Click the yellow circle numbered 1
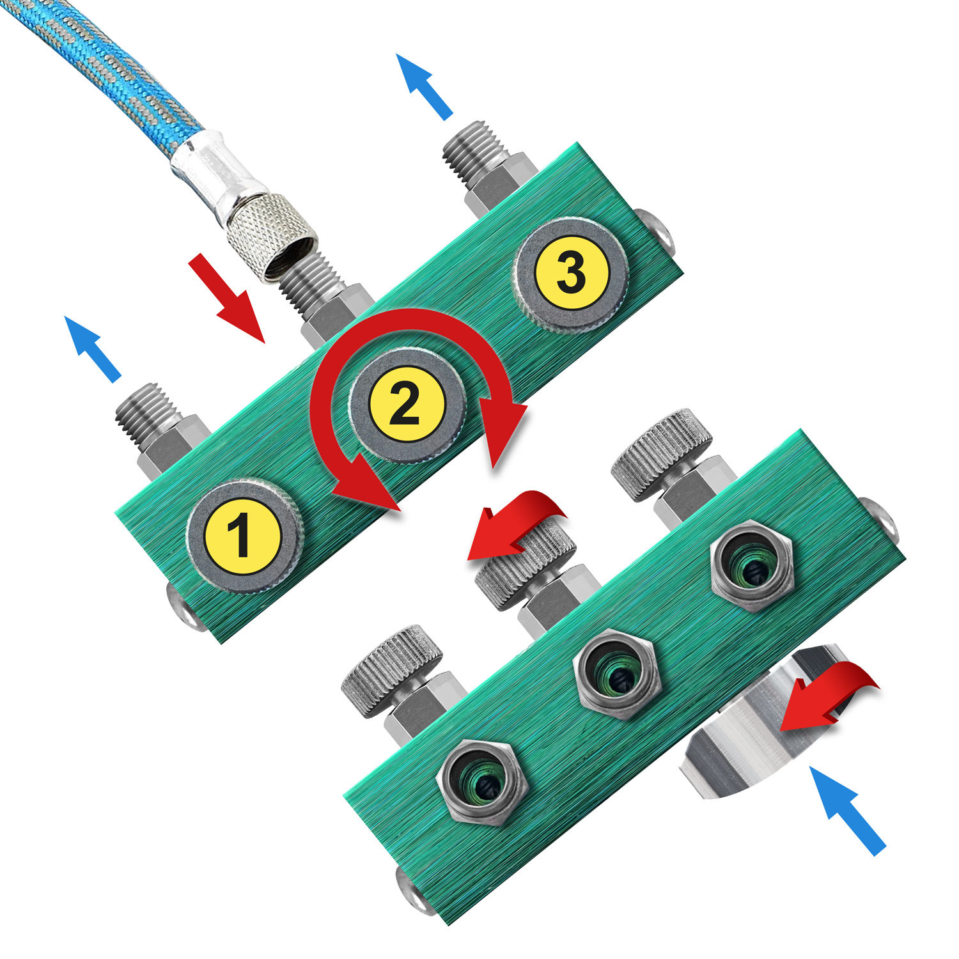[x=243, y=535]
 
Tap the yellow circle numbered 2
[x=407, y=403]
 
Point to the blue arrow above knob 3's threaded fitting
[x=424, y=86]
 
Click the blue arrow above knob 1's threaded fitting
[x=93, y=348]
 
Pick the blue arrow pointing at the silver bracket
[x=848, y=811]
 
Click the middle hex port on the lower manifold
[x=617, y=673]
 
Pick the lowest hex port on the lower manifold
[x=481, y=783]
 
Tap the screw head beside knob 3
[x=659, y=228]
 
